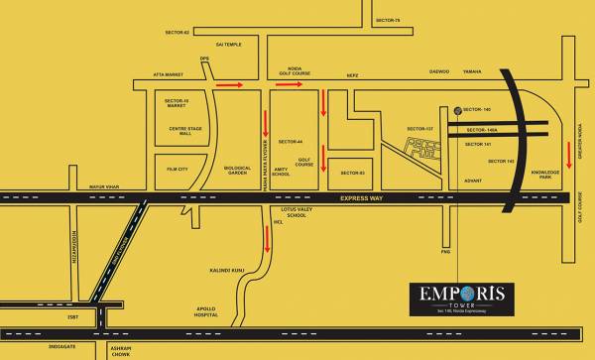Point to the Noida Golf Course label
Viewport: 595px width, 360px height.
pos(288,69)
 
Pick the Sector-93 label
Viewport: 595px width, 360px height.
pos(353,174)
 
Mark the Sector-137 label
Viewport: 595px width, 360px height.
pos(420,129)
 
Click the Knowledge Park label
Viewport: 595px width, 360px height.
pos(545,175)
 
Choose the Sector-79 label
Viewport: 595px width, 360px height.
pos(388,20)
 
